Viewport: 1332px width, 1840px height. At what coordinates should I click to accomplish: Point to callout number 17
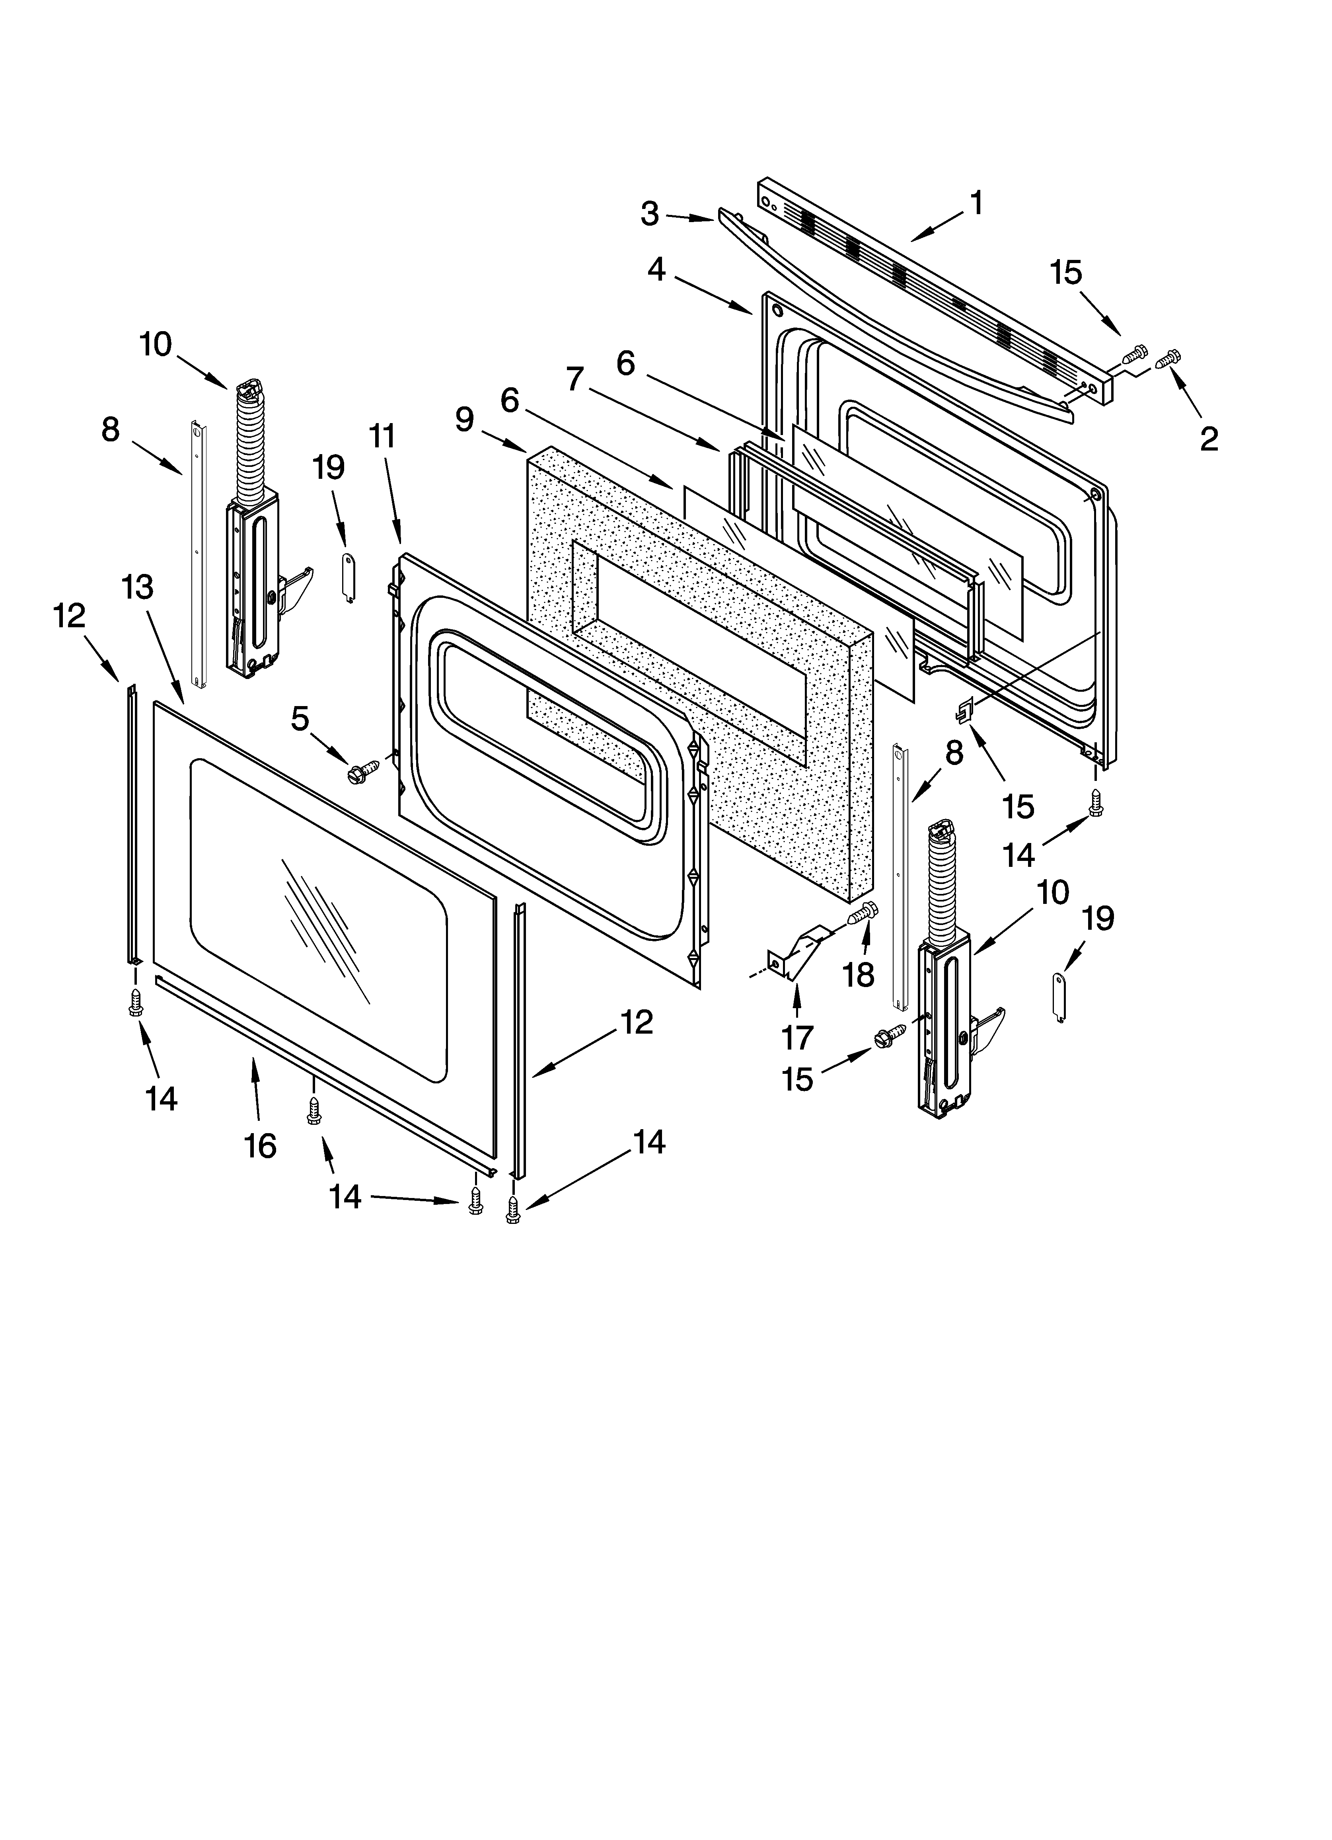(797, 1037)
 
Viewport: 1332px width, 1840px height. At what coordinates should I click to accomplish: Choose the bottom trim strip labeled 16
(325, 1075)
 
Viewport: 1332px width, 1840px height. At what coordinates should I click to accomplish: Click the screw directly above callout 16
(313, 1112)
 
